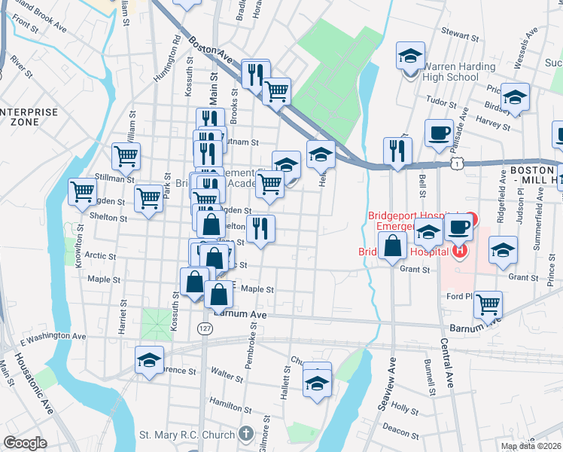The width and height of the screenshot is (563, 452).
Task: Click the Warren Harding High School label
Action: (451, 72)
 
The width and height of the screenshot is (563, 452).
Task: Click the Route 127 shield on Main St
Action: (205, 329)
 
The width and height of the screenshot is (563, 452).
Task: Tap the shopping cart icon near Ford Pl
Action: (488, 304)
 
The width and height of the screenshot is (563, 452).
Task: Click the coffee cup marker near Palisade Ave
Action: (439, 133)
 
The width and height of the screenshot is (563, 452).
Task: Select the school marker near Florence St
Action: (149, 359)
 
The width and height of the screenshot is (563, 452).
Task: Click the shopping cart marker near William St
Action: (126, 156)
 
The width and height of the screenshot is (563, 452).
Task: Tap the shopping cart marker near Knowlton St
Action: (82, 191)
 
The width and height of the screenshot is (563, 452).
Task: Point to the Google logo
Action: (25, 443)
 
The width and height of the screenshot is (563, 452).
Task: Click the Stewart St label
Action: (460, 35)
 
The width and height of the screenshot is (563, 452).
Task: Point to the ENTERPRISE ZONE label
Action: (29, 116)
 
